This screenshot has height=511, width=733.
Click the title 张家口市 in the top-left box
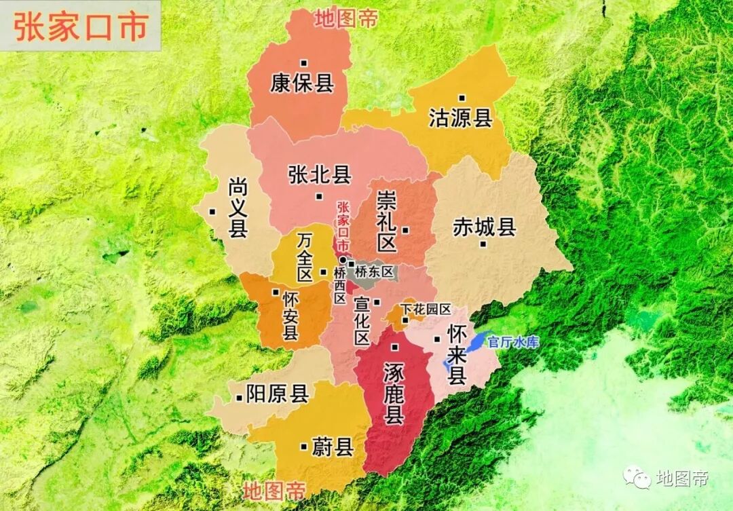80,27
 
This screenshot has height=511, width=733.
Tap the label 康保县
302,83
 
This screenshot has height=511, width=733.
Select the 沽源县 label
460,118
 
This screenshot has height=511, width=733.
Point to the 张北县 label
319,175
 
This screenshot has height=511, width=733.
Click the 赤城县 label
485,227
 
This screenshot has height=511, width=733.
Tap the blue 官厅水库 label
513,342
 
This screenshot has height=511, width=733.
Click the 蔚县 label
332,447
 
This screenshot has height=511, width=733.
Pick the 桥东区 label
374,271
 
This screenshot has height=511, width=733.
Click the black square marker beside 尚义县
213,211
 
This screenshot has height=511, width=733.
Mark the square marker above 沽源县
462,98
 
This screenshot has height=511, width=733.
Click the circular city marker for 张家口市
343,260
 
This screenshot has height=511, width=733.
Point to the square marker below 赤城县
483,244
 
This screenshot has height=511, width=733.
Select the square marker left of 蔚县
303,447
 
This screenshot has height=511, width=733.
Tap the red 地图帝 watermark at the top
345,18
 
